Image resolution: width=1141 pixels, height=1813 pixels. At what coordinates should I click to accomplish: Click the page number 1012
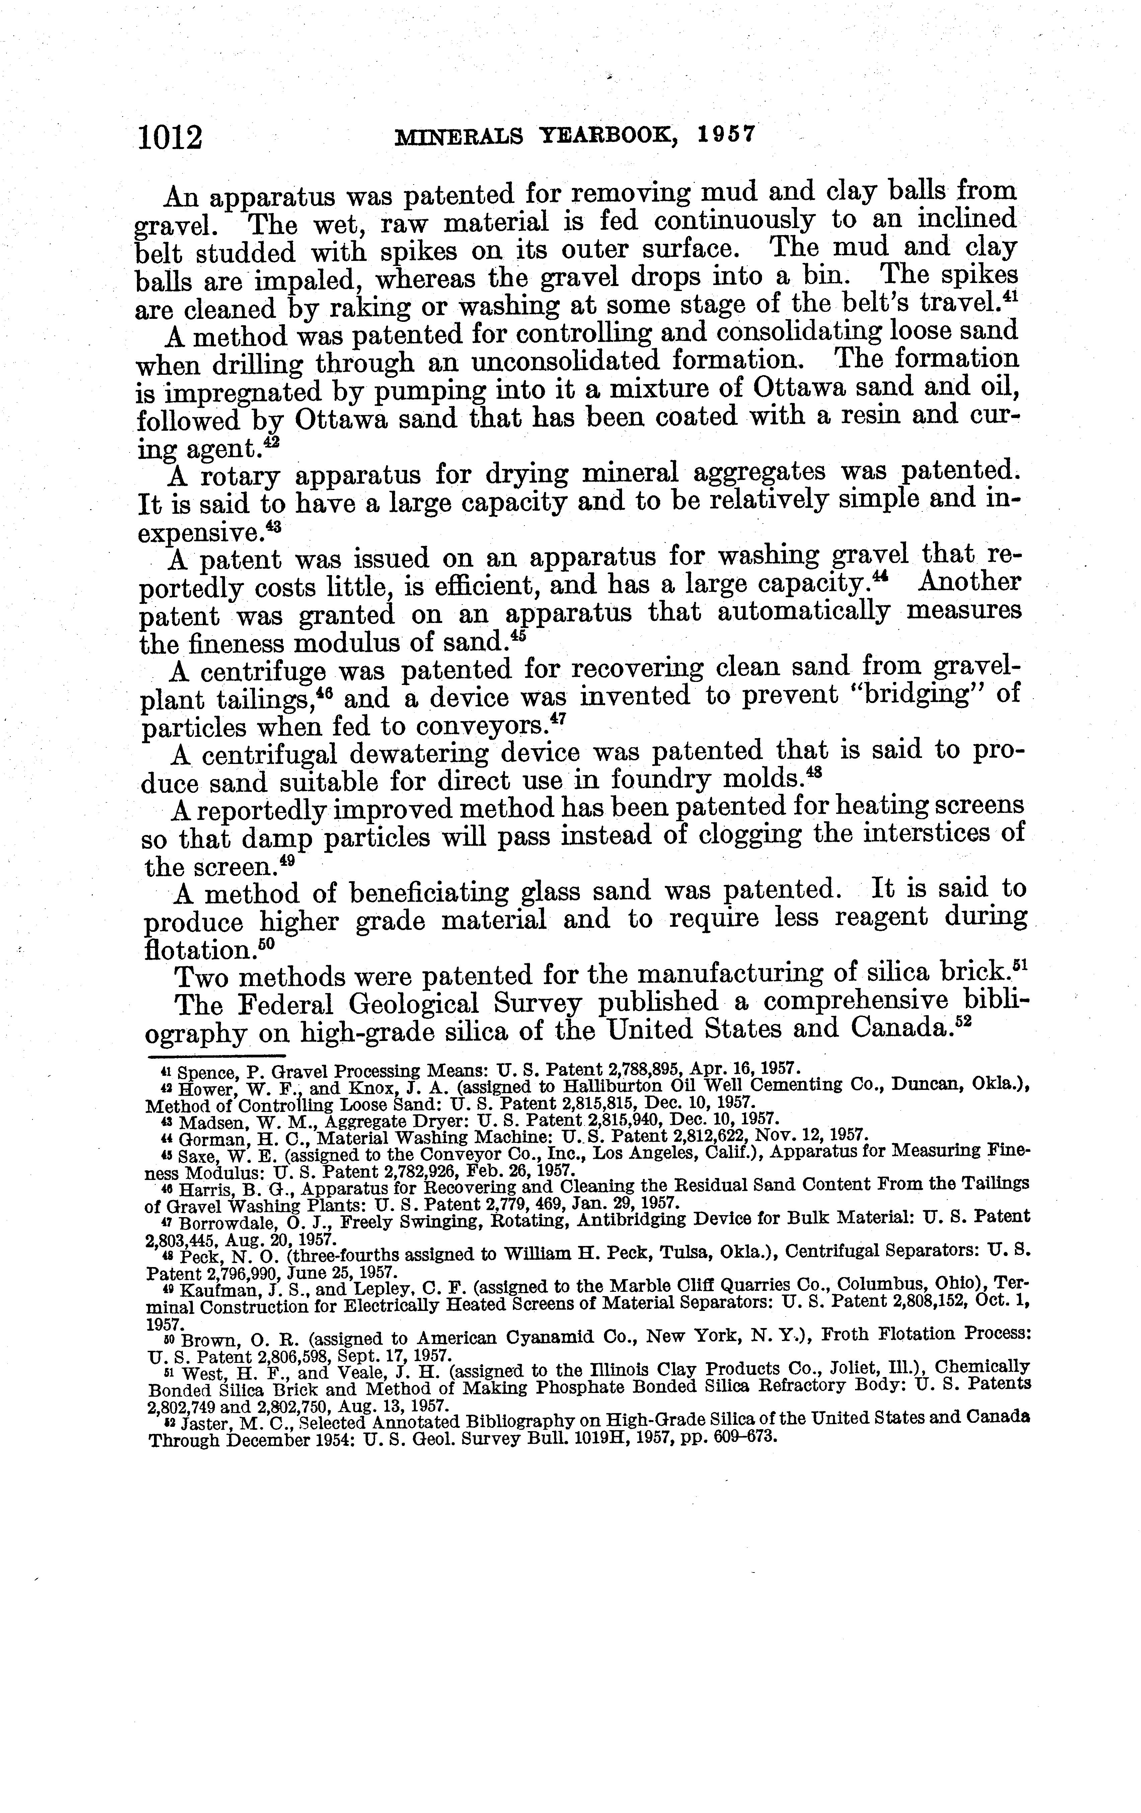pyautogui.click(x=171, y=139)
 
